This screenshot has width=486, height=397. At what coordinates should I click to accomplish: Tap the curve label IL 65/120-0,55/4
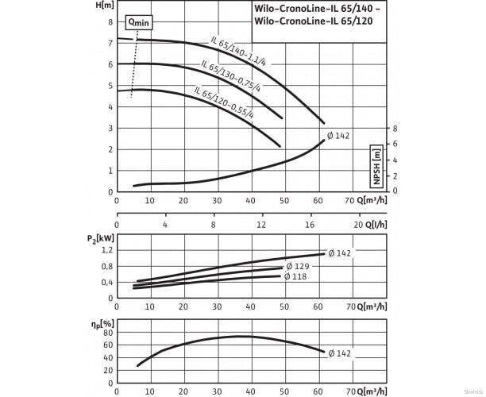(222, 103)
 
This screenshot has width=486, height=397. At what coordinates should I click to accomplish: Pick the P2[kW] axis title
(97, 237)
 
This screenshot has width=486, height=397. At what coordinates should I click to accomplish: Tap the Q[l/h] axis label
(375, 225)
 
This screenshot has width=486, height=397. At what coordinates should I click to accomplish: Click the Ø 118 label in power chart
(296, 276)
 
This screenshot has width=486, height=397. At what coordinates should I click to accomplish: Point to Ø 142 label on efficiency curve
(339, 353)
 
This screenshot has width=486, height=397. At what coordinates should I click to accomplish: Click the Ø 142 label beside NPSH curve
(338, 137)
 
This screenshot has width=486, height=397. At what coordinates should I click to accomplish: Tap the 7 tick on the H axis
(110, 22)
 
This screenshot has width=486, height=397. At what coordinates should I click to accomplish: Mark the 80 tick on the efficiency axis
(107, 333)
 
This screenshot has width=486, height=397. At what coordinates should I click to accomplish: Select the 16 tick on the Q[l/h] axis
(310, 225)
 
